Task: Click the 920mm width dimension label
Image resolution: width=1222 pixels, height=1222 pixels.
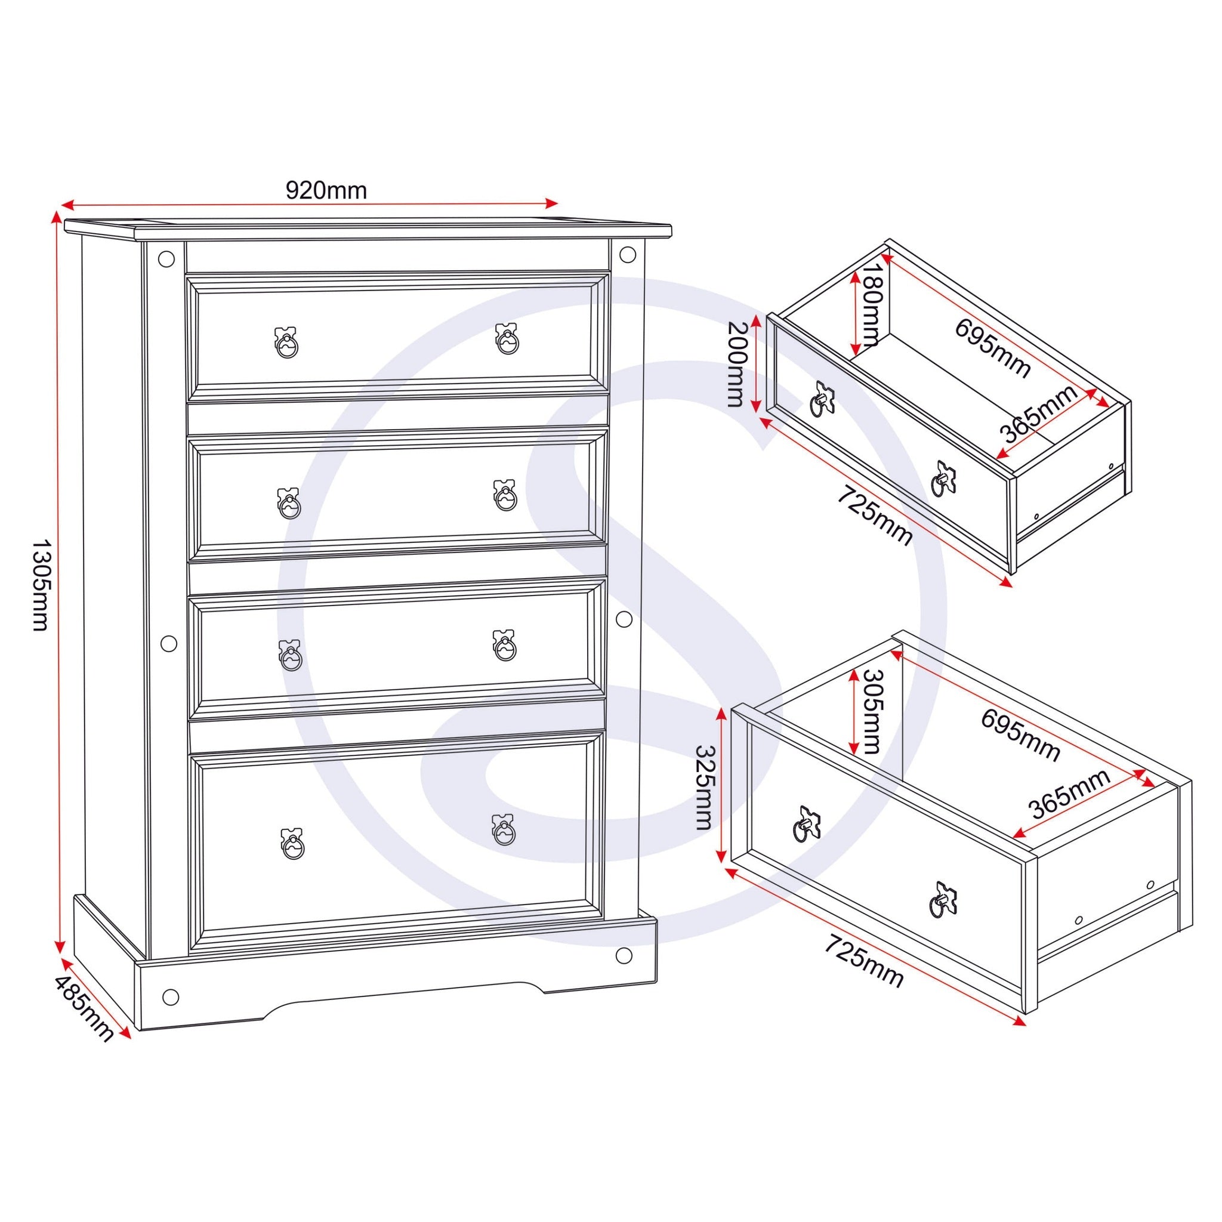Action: (326, 190)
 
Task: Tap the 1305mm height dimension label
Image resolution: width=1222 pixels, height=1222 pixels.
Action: (40, 585)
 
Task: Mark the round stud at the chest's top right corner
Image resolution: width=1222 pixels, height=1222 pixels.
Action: (628, 255)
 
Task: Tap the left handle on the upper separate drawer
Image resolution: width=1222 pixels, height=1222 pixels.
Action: (822, 400)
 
